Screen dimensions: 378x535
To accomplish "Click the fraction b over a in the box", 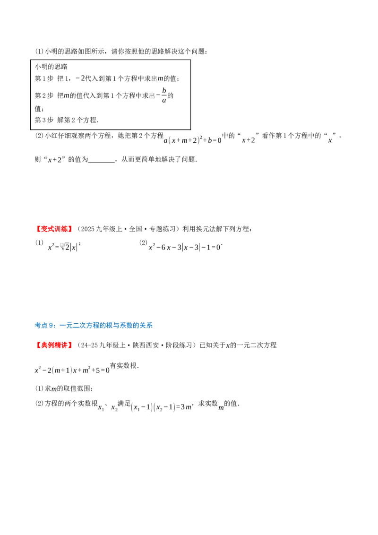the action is pos(164,95).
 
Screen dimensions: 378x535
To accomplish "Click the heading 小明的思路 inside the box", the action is pos(51,67).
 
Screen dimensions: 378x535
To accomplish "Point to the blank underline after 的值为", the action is pos(102,160).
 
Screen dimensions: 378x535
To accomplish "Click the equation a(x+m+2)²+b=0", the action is pos(193,140).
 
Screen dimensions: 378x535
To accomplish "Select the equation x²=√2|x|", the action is pos(64,247).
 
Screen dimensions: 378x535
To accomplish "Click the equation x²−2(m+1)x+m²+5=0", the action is pos(72,370).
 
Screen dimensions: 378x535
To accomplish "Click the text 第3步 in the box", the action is pos(44,120).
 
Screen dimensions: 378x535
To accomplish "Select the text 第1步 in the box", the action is pos(44,78).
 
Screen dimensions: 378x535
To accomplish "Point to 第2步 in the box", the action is pos(44,96).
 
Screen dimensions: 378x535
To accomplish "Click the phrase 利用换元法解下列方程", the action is pos(216,229).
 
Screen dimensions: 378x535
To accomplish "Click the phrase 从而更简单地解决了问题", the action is pos(158,159).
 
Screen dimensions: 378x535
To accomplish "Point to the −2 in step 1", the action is pos(80,78).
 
